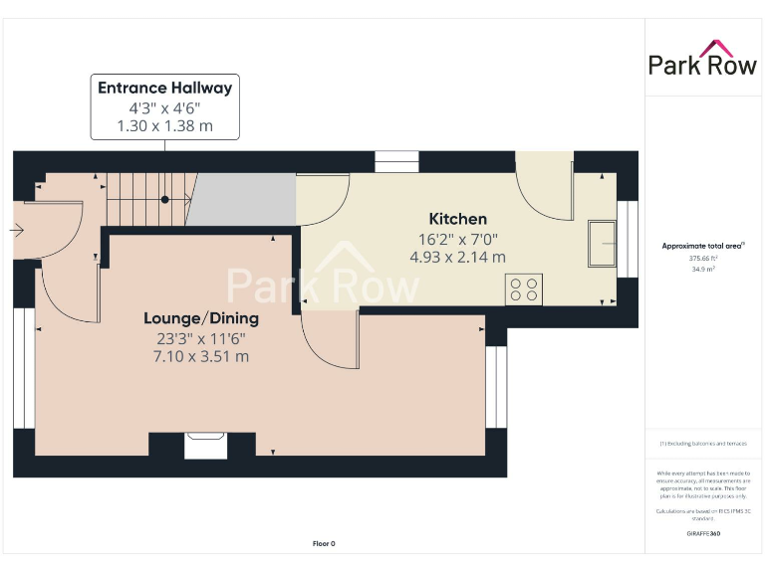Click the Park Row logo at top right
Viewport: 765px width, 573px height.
click(x=703, y=59)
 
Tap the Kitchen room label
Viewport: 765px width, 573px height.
click(x=457, y=219)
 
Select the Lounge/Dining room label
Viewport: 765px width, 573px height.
click(x=200, y=318)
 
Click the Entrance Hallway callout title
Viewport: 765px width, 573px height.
click(x=164, y=88)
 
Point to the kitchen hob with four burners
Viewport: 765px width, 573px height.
click(x=524, y=289)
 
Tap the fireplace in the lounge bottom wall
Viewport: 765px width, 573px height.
click(x=205, y=444)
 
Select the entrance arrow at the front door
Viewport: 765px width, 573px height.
click(x=17, y=230)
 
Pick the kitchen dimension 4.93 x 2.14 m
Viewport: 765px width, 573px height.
click(x=457, y=257)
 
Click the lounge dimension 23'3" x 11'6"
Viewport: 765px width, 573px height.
click(x=200, y=338)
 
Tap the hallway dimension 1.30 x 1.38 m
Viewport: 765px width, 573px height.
click(x=164, y=126)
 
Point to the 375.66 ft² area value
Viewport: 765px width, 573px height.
click(x=702, y=258)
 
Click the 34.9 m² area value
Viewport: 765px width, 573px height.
click(x=702, y=269)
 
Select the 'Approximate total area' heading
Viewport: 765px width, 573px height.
click(x=702, y=246)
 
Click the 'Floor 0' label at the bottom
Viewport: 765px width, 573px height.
click(x=324, y=543)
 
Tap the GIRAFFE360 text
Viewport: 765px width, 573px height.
click(x=702, y=534)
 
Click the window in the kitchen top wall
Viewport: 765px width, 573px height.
click(x=396, y=160)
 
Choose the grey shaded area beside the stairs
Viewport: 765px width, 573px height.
click(x=243, y=199)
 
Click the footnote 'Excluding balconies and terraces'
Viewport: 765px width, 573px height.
click(x=702, y=444)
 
